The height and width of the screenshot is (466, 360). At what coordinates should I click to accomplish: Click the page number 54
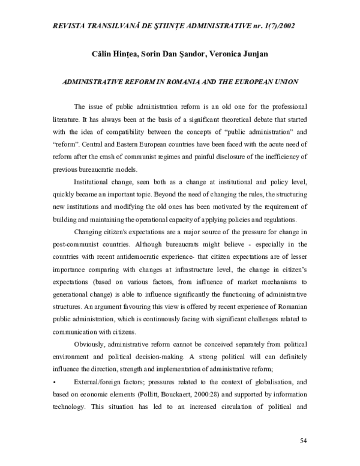pos(303,441)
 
